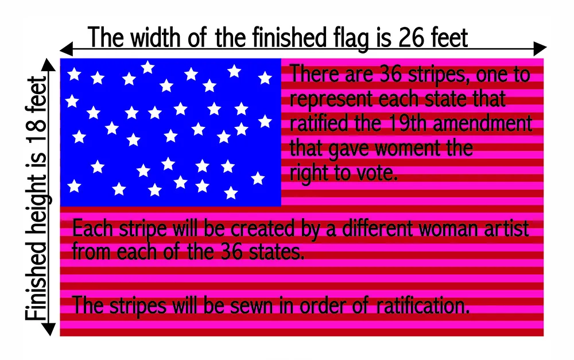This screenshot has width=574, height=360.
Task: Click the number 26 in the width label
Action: tap(411, 38)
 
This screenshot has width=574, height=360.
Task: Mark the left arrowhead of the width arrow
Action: tap(66, 48)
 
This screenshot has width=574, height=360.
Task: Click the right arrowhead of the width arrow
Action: tap(540, 48)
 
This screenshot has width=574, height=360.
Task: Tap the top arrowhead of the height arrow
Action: tap(48, 64)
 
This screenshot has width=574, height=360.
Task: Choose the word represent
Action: tap(331, 99)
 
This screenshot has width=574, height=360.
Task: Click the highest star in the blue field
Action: tap(148, 67)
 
